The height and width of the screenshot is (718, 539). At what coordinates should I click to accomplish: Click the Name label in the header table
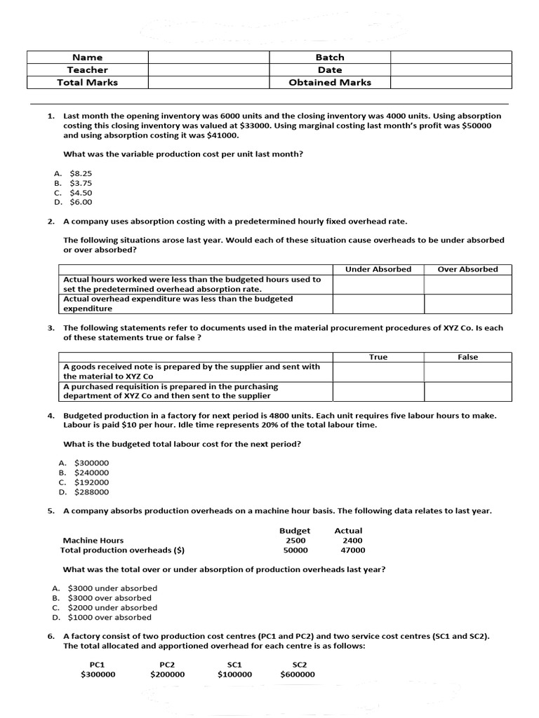(87, 57)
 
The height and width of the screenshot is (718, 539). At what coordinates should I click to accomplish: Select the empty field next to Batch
(451, 57)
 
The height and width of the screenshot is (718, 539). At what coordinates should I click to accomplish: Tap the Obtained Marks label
(330, 83)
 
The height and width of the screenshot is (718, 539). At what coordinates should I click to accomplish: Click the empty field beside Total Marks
(208, 83)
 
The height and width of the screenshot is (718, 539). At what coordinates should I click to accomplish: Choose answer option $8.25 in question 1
(81, 173)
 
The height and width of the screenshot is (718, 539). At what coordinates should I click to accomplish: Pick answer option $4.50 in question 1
(81, 193)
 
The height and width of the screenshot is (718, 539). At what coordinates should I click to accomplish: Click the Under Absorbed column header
(378, 269)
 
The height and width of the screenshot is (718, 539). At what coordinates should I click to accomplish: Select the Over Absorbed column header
(467, 269)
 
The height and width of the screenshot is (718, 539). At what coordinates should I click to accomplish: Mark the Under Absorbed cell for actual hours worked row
(378, 284)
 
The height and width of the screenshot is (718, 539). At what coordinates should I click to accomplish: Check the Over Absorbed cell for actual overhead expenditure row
(467, 304)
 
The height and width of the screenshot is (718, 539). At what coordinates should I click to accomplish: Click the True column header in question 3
(378, 358)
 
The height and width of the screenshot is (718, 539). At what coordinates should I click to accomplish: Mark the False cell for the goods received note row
(467, 372)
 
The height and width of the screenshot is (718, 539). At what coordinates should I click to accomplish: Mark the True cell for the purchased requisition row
(378, 391)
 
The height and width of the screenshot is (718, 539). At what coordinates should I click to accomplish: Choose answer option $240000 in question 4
(91, 473)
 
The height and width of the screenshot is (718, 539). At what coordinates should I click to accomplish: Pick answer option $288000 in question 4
(91, 492)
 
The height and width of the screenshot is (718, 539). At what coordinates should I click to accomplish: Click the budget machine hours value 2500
(295, 541)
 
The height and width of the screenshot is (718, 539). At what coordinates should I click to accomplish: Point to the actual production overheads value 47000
(353, 550)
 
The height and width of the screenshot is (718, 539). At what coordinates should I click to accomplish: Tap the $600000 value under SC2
(298, 675)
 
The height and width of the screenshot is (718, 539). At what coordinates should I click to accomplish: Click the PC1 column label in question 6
(98, 665)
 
